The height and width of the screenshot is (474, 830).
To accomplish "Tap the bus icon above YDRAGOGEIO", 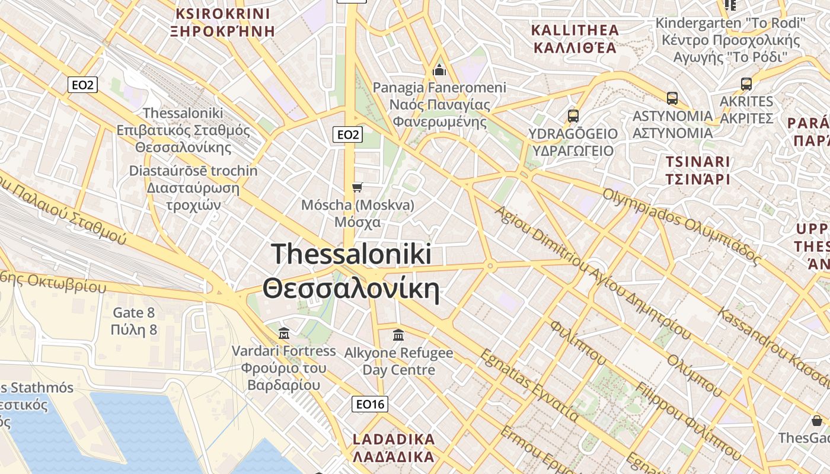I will (x=573, y=116).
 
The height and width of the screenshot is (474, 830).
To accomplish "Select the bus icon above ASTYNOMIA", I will (x=672, y=98).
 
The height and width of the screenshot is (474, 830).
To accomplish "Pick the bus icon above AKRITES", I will (x=746, y=84).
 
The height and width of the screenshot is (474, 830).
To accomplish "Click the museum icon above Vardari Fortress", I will (x=283, y=334).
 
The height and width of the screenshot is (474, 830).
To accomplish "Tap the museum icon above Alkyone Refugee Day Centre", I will (x=398, y=335).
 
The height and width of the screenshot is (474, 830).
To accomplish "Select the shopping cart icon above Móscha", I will (x=357, y=188).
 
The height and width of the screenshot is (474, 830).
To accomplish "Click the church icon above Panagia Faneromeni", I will (x=439, y=70).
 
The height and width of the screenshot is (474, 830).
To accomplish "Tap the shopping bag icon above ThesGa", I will (x=817, y=421).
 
